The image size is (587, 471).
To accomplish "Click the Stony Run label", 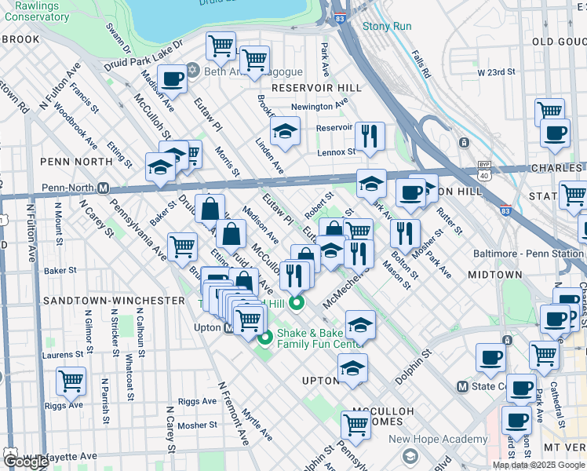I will (387, 26).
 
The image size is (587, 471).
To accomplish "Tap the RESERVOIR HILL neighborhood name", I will (315, 88).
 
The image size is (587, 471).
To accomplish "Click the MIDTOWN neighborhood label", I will (494, 275).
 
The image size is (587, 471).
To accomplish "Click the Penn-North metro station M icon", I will (102, 188).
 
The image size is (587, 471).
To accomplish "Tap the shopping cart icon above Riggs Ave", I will (71, 382).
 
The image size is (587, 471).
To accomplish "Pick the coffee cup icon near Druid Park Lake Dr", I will (172, 78).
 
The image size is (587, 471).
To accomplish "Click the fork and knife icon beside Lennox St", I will (369, 136).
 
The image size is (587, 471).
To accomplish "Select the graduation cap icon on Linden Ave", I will (286, 130).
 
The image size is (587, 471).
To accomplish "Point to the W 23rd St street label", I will (496, 72).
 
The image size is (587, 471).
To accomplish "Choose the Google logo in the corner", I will (26, 462).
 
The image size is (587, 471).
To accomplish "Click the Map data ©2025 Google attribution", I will (538, 465).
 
